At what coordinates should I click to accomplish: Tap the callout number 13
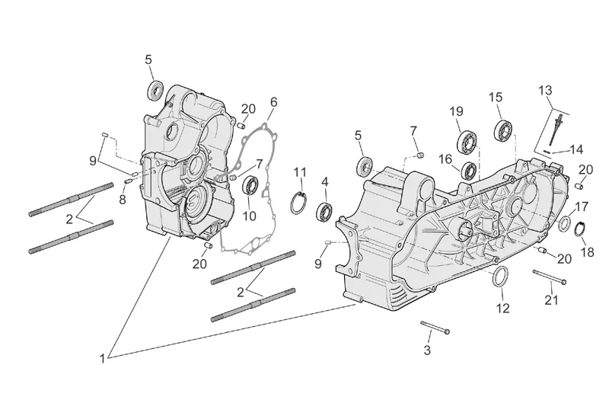(x=545, y=91)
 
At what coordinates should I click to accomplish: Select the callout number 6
(x=273, y=102)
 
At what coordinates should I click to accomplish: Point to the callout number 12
(x=502, y=308)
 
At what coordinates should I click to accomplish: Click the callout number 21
(x=551, y=299)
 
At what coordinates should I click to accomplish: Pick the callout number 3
(x=427, y=350)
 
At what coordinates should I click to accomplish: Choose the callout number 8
(x=122, y=200)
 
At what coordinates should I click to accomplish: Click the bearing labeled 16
(x=470, y=170)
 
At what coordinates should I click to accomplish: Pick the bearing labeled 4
(x=325, y=211)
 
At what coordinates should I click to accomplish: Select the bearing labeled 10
(x=250, y=185)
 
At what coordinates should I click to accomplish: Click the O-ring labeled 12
(x=502, y=278)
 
